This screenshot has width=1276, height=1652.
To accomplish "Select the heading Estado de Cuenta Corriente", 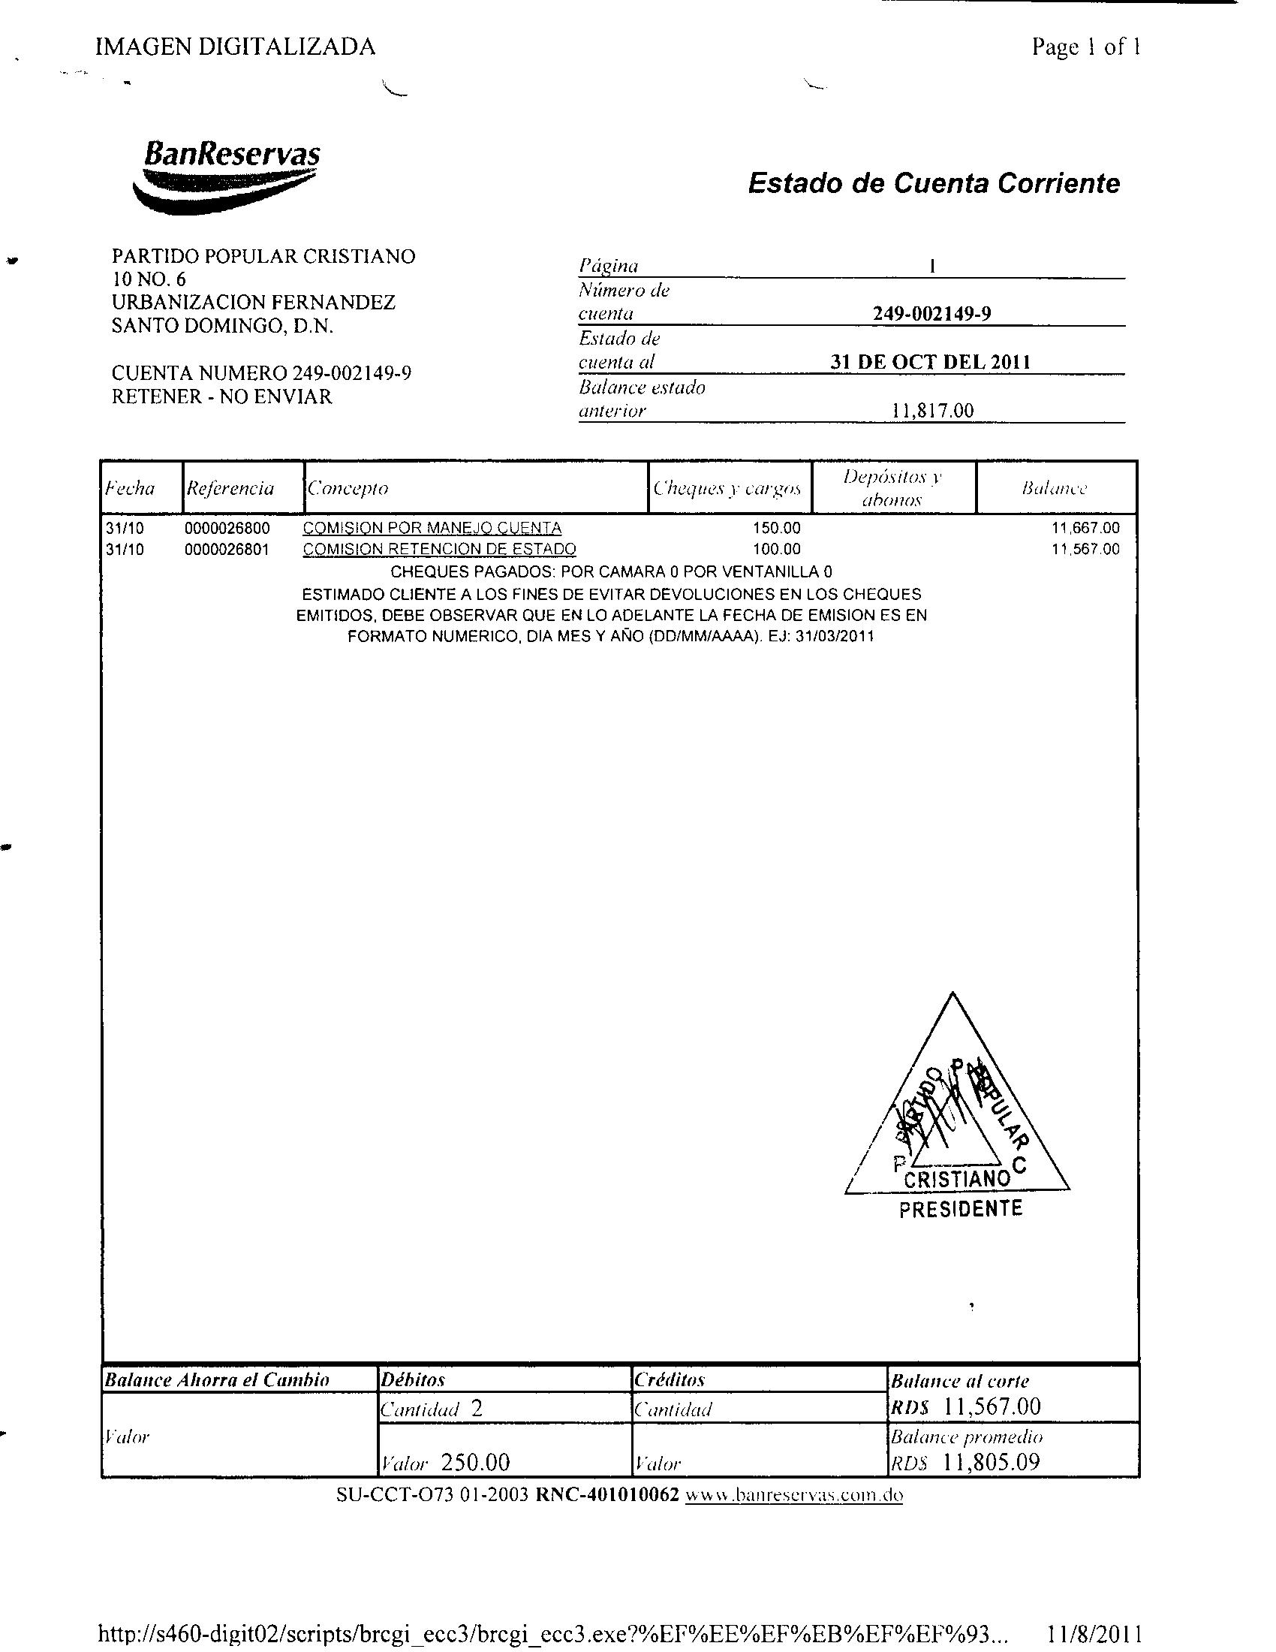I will pyautogui.click(x=933, y=183).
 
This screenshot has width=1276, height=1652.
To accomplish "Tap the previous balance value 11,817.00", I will pyautogui.click(x=933, y=411).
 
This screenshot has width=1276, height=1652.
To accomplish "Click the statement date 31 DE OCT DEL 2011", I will pyautogui.click(x=930, y=362).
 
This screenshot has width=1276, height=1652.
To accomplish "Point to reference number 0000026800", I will pyautogui.click(x=227, y=528).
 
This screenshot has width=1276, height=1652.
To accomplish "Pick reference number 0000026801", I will pyautogui.click(x=227, y=549).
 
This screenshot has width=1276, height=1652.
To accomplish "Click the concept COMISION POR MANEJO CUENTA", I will pyautogui.click(x=432, y=528).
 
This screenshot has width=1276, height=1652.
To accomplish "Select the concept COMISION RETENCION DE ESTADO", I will pyautogui.click(x=439, y=549).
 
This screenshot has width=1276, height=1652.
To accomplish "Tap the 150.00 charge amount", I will pyautogui.click(x=776, y=528).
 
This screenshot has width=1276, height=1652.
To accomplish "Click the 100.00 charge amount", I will pyautogui.click(x=776, y=549).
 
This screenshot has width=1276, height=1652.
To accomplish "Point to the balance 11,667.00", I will pyautogui.click(x=1085, y=528).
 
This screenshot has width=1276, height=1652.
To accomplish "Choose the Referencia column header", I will pyautogui.click(x=230, y=488).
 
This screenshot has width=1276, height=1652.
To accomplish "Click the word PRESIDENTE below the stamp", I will pyautogui.click(x=960, y=1209).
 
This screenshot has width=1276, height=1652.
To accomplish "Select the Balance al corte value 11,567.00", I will pyautogui.click(x=992, y=1406).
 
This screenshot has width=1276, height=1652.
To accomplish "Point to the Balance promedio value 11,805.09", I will pyautogui.click(x=992, y=1461).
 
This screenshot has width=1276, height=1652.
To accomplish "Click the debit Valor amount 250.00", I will pyautogui.click(x=474, y=1462).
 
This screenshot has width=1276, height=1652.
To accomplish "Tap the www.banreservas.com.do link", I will pyautogui.click(x=793, y=1495).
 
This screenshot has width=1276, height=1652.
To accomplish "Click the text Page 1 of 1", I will pyautogui.click(x=1085, y=47).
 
